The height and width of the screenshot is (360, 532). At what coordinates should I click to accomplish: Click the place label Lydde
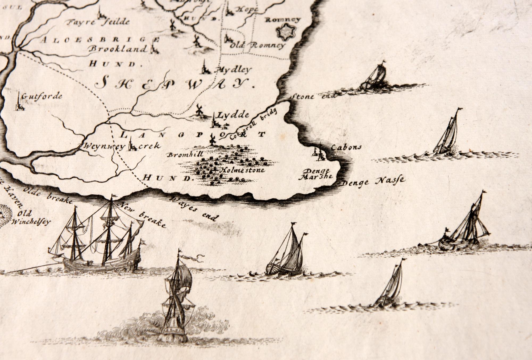pyautogui.click(x=233, y=115)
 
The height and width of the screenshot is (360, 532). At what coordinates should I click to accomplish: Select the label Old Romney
pyautogui.click(x=258, y=46)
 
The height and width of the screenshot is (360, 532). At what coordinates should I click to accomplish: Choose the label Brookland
pyautogui.click(x=118, y=49)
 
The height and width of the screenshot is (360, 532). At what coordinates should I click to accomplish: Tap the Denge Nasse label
pyautogui.click(x=373, y=182)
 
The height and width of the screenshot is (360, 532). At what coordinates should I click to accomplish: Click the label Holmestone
pyautogui.click(x=242, y=170)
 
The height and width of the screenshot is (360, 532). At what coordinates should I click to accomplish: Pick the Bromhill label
pyautogui.click(x=185, y=154)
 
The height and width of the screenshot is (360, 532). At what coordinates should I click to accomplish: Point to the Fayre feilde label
pyautogui.click(x=98, y=22)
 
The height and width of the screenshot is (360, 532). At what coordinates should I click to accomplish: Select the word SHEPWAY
pyautogui.click(x=174, y=83)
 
